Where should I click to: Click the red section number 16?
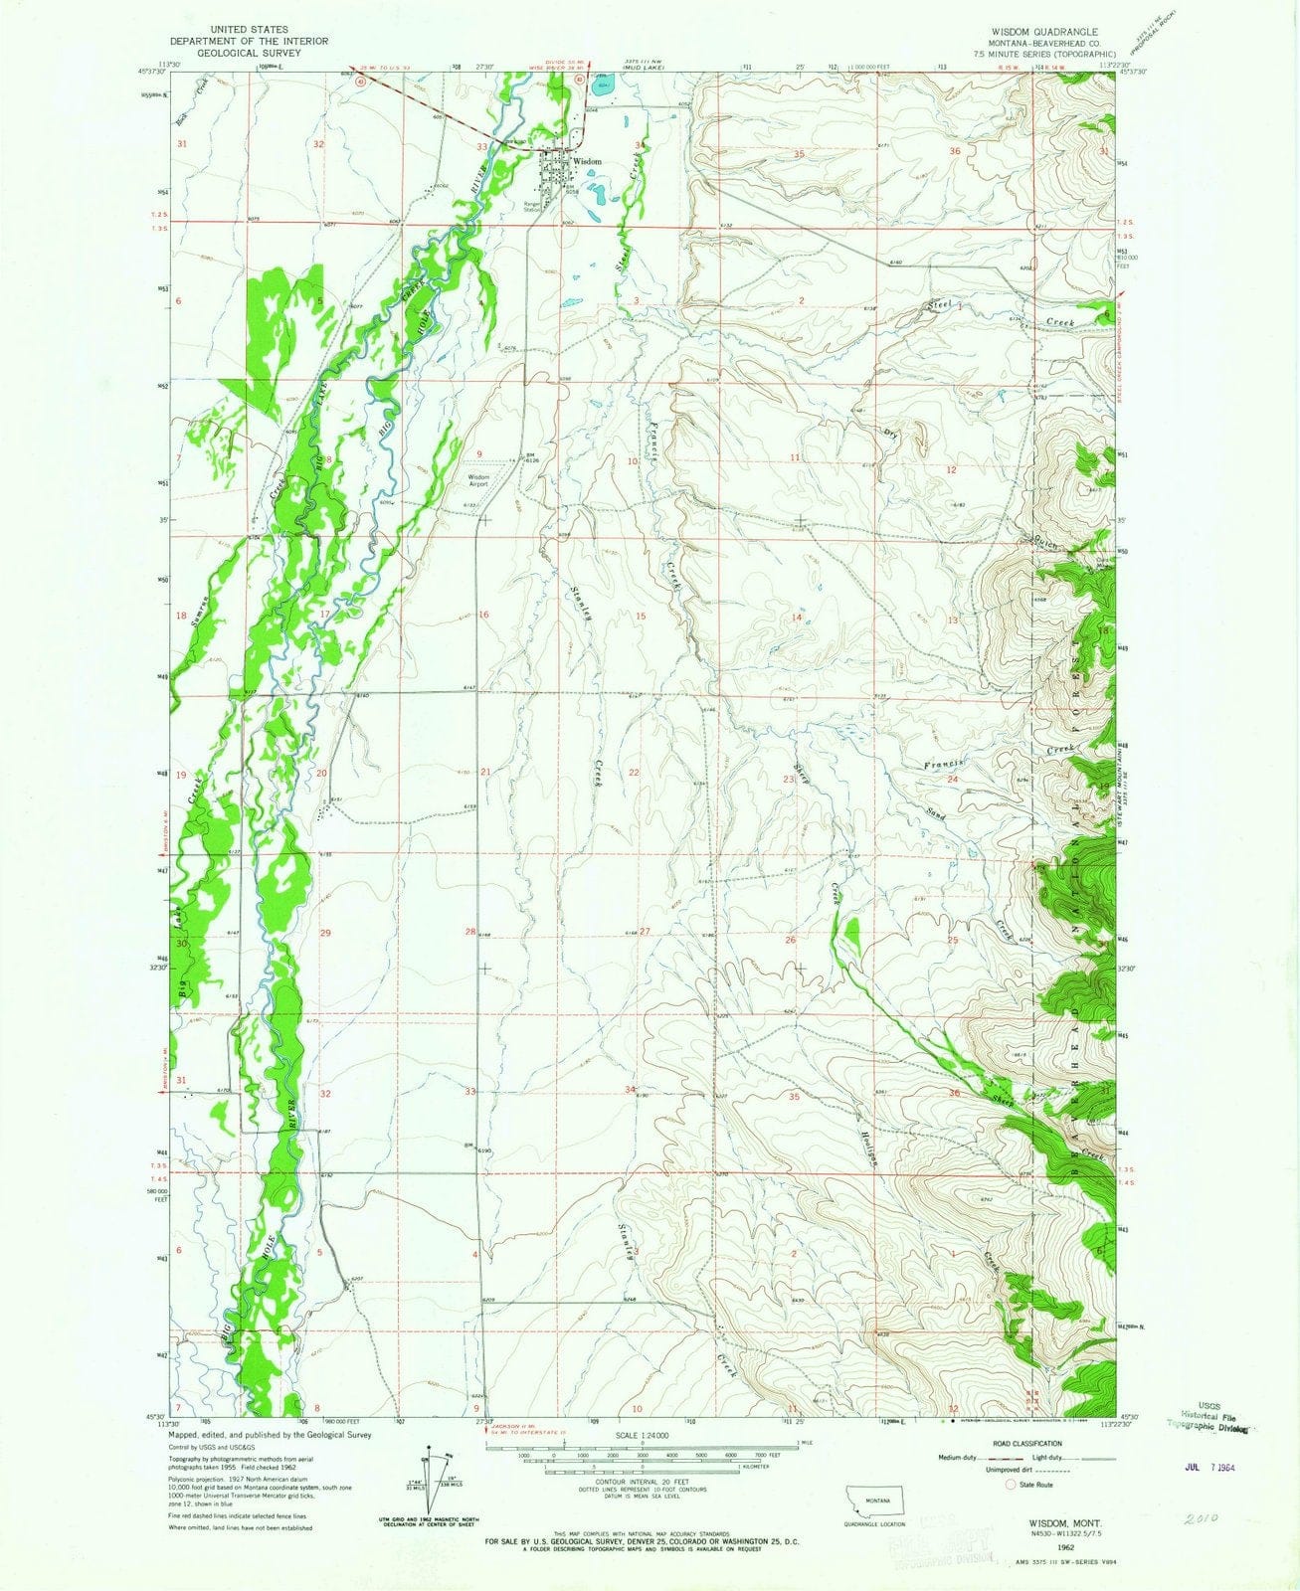tap(483, 616)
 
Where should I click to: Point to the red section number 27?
tap(645, 932)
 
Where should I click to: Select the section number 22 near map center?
tap(634, 773)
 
